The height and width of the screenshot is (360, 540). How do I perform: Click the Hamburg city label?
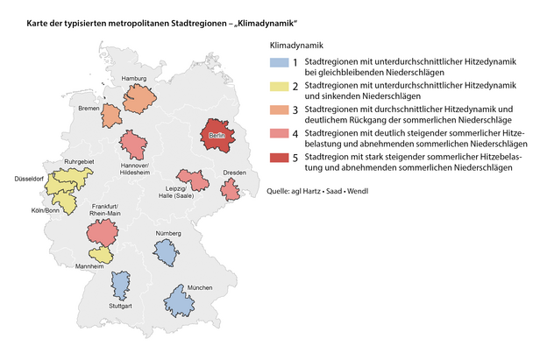tap(133, 78)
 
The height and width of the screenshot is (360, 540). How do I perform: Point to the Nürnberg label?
tap(167, 233)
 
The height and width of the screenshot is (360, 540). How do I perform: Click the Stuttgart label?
tap(120, 306)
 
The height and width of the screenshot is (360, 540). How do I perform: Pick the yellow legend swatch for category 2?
tap(279, 87)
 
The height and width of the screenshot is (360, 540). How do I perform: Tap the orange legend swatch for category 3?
tap(279, 111)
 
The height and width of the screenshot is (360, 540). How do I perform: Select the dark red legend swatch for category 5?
tap(279, 159)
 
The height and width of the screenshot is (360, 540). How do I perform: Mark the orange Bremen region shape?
tap(111, 115)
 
